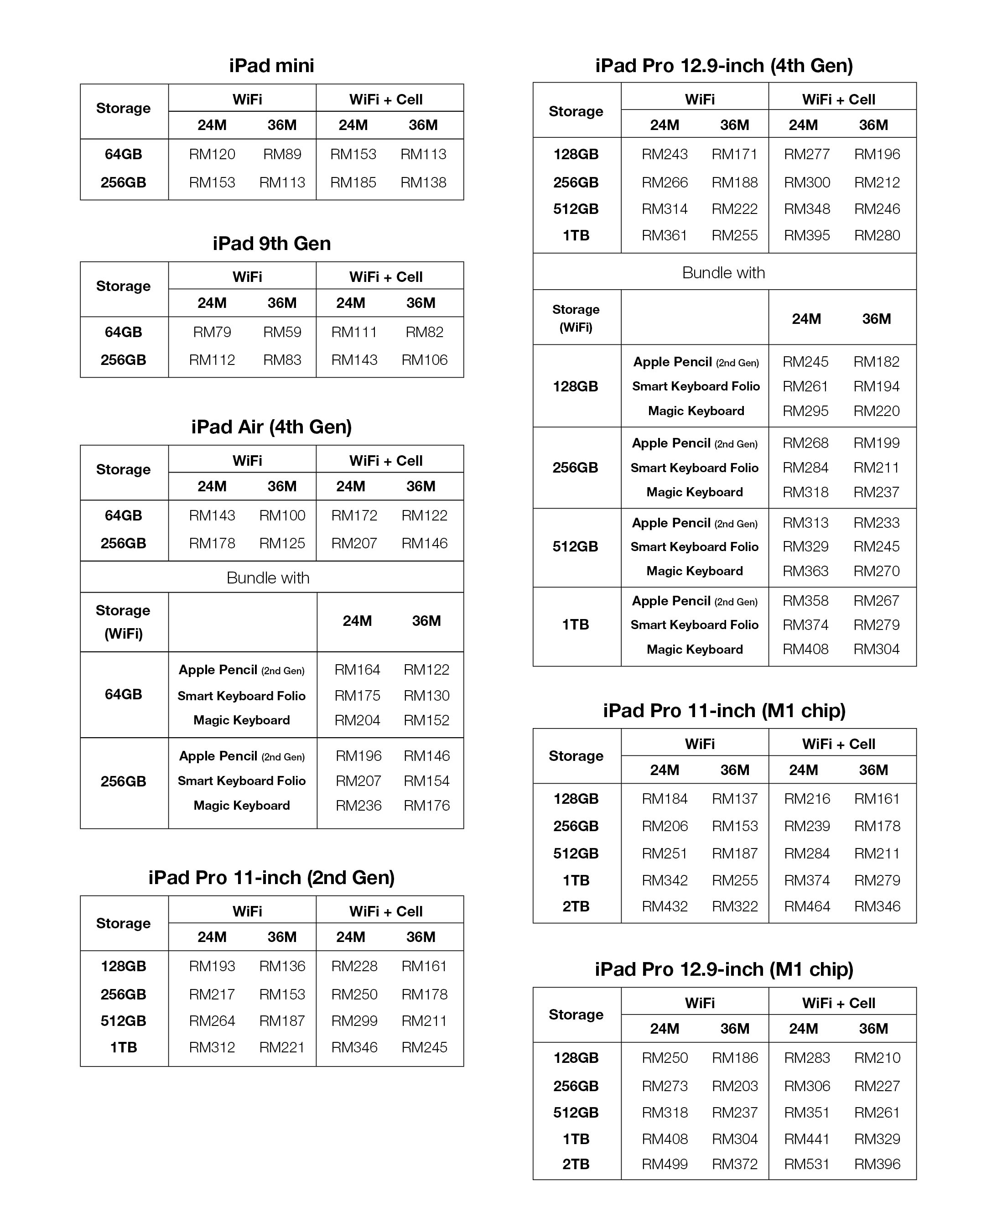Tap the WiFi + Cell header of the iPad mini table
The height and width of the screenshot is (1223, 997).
(x=385, y=99)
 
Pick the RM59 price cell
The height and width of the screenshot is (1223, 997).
(x=282, y=332)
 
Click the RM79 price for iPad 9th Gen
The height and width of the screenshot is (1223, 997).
(x=212, y=332)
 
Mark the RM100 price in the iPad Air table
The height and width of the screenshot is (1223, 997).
(x=282, y=515)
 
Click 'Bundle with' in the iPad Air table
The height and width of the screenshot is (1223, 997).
(x=268, y=578)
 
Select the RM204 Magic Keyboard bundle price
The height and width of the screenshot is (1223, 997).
(x=357, y=720)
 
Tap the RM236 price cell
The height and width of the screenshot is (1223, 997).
(x=358, y=806)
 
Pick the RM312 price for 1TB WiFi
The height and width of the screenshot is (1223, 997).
(x=212, y=1047)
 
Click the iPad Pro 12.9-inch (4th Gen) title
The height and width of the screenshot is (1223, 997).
(x=724, y=66)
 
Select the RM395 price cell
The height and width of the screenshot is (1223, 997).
(x=807, y=235)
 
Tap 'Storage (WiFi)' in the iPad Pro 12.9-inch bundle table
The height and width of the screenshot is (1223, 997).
(x=576, y=318)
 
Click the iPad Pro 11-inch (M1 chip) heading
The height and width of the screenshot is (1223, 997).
(x=724, y=711)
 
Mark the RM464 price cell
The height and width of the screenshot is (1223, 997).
(x=807, y=906)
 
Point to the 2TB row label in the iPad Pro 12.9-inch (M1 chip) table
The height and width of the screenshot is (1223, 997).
(x=576, y=1164)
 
